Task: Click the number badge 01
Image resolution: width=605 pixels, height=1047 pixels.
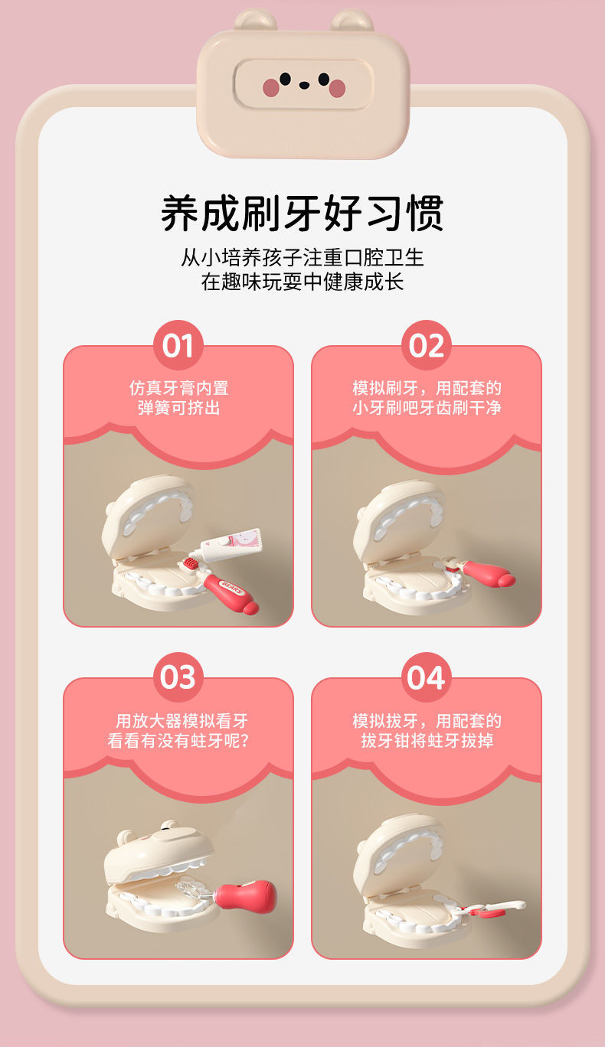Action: (178, 345)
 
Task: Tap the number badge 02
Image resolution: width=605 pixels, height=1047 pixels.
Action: (426, 345)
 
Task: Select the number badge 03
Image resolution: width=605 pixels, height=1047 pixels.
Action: (178, 677)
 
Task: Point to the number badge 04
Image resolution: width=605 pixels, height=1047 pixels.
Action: (426, 677)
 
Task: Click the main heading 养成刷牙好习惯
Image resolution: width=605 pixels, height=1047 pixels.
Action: (302, 213)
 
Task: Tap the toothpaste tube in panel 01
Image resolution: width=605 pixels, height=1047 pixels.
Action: (231, 543)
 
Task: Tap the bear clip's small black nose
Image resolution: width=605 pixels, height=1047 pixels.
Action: (304, 85)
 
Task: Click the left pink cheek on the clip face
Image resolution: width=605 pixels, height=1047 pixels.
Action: (270, 87)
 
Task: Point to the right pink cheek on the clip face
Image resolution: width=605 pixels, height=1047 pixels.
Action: (337, 88)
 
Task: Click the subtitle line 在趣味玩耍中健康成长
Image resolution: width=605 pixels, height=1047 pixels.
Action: (302, 282)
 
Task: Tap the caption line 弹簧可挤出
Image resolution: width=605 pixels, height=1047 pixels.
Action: (178, 408)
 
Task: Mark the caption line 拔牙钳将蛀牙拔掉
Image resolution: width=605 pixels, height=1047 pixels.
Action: (427, 740)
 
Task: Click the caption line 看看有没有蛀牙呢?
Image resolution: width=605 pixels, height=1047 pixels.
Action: (178, 740)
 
